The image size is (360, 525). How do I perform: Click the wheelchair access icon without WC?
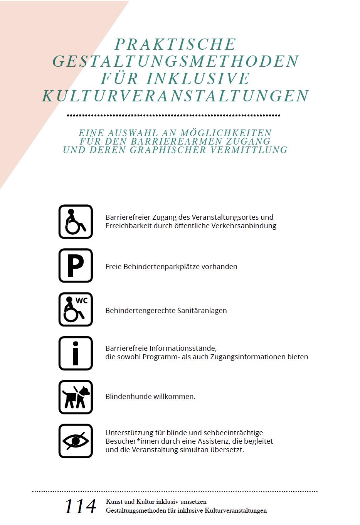click(76, 222)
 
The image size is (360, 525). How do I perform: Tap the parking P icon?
click(76, 266)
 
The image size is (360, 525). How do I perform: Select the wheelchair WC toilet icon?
click(76, 310)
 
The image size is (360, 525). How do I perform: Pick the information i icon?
click(76, 353)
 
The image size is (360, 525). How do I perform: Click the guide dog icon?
click(76, 397)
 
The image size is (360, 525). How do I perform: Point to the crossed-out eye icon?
click(76, 441)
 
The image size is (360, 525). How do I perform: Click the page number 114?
click(80, 506)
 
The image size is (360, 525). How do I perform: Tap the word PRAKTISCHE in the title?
click(175, 44)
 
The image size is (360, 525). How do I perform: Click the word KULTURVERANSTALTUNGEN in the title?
click(175, 96)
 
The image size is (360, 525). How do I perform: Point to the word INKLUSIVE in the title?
click(198, 79)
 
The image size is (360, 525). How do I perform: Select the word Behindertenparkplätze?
click(161, 267)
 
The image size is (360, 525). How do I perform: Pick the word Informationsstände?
click(183, 348)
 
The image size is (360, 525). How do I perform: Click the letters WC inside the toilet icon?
click(82, 301)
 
